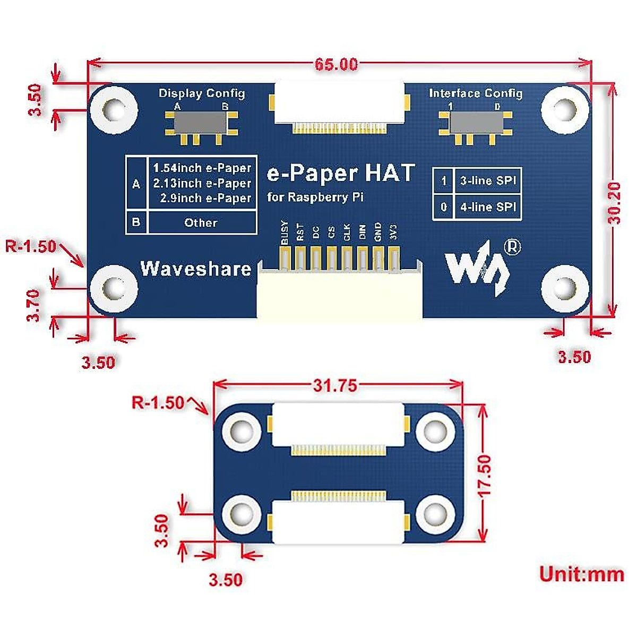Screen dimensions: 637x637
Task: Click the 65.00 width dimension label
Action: click(336, 64)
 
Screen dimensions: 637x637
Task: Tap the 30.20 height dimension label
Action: click(615, 203)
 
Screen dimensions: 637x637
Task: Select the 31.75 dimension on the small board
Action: click(335, 385)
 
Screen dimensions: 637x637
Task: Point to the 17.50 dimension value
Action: click(484, 476)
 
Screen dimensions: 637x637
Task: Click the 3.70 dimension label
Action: click(33, 305)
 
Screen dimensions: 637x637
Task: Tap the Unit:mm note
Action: click(581, 574)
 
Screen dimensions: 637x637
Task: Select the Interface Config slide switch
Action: click(475, 123)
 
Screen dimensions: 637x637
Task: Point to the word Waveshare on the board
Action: click(195, 269)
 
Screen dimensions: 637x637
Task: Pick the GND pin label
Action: click(378, 233)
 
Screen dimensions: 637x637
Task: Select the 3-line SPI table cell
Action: click(488, 180)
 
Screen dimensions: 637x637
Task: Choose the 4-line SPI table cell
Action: click(488, 206)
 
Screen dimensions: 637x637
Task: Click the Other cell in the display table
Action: click(201, 222)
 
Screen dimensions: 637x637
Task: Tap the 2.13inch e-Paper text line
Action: click(202, 183)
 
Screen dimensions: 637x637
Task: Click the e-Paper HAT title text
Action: click(340, 173)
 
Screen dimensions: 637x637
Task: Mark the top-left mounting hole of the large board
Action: click(114, 110)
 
